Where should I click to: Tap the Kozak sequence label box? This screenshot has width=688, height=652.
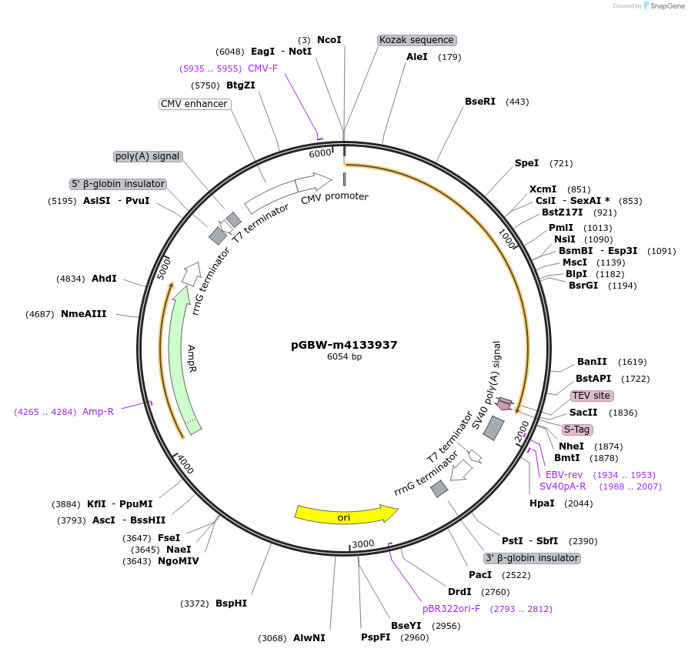point(417,40)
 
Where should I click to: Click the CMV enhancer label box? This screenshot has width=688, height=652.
point(194,104)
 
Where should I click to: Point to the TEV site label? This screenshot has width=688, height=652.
point(591,396)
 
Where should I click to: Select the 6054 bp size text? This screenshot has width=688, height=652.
point(344,357)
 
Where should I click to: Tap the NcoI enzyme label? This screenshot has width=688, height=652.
point(329,40)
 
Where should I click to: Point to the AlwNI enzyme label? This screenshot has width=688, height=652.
point(309,638)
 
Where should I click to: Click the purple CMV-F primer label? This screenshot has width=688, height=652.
point(262,69)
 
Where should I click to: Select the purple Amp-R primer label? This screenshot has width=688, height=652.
point(98,412)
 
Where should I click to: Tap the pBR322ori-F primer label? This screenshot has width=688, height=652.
point(451,609)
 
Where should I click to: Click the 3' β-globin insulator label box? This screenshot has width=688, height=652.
point(532,558)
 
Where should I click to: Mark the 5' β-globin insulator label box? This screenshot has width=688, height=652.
point(118,184)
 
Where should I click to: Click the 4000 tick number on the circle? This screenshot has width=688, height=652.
point(185,465)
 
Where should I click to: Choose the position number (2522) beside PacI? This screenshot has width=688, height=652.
point(516,575)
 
